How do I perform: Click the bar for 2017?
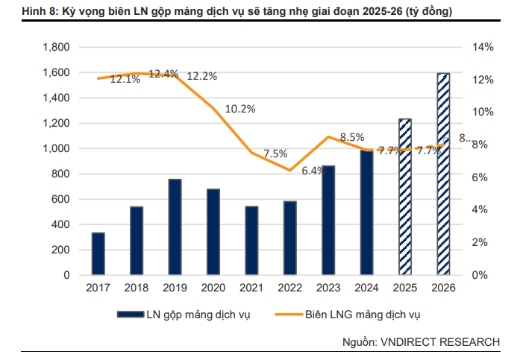[x=98, y=253]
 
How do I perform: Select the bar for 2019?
[x=175, y=227]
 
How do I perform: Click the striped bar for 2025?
[x=404, y=197]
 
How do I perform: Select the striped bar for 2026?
[x=443, y=174]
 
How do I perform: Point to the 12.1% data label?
[x=125, y=79]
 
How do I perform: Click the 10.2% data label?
[x=240, y=109]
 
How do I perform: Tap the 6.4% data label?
[x=313, y=171]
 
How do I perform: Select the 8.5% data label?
[x=351, y=137]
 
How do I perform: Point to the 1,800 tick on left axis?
[x=57, y=47]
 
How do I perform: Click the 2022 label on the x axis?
[x=289, y=287]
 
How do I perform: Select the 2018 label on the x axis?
[x=136, y=287]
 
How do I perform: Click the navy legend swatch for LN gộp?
[x=132, y=315]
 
